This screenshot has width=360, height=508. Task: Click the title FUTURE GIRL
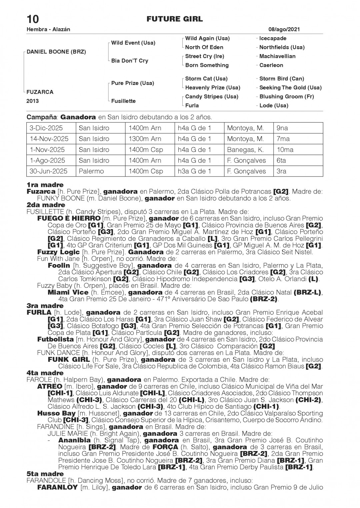(x=174, y=19)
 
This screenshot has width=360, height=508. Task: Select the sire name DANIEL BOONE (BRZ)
(x=56, y=52)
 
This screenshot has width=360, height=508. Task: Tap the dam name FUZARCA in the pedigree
(x=40, y=92)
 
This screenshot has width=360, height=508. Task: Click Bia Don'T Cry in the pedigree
(x=130, y=61)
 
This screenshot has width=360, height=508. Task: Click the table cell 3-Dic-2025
(x=46, y=128)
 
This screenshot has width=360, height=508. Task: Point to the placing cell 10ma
(x=285, y=150)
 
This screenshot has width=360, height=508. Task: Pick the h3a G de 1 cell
(x=194, y=171)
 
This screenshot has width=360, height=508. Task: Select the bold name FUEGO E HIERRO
(x=69, y=218)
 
